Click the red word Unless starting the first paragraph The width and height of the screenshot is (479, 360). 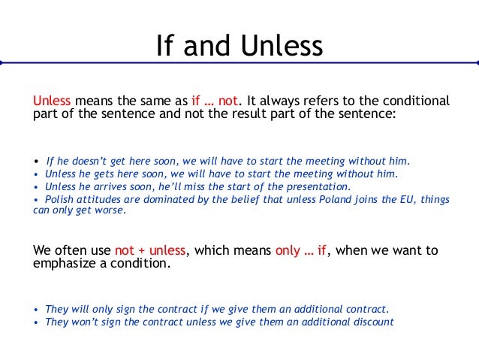52,101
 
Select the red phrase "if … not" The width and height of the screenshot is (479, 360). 212,101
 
